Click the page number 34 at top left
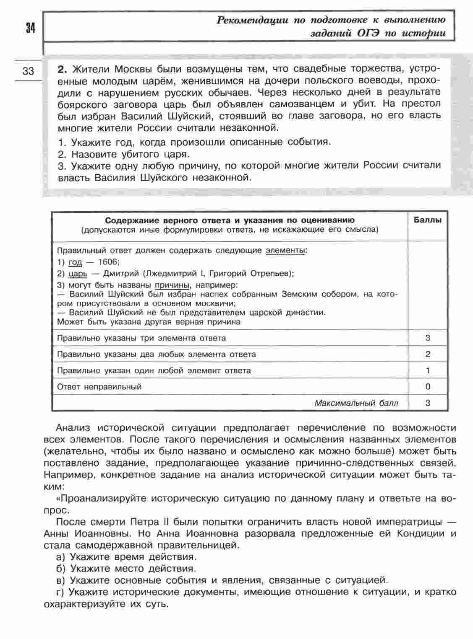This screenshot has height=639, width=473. [x=30, y=28]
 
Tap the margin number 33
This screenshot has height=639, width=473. [x=28, y=71]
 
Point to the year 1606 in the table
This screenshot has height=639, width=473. [x=108, y=262]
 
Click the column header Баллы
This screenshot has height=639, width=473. [x=428, y=220]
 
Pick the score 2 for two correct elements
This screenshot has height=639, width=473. [x=428, y=354]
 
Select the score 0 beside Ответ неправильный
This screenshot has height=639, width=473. [x=428, y=387]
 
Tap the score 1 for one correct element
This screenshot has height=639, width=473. [x=428, y=370]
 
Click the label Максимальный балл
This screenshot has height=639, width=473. [x=356, y=403]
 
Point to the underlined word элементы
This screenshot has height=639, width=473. [x=285, y=251]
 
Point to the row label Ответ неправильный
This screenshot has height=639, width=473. [x=99, y=387]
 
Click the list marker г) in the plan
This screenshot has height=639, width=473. [x=60, y=592]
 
